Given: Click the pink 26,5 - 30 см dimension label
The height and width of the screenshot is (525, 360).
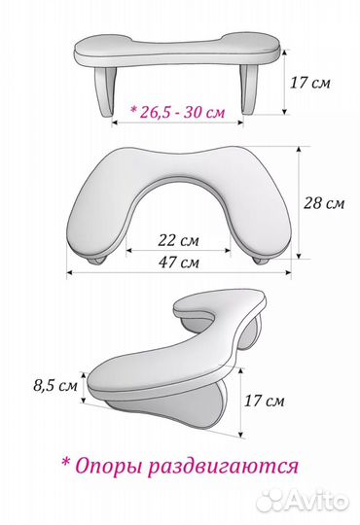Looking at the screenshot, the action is click(x=178, y=112).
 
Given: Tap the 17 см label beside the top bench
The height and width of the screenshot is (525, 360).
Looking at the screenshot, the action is click(x=309, y=83).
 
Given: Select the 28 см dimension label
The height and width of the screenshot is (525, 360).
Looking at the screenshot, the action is click(x=324, y=203).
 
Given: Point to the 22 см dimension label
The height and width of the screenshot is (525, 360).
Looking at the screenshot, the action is click(x=178, y=240).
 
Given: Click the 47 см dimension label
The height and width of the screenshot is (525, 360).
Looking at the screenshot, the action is click(x=178, y=262).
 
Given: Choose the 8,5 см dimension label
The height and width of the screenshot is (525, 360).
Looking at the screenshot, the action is click(x=55, y=385).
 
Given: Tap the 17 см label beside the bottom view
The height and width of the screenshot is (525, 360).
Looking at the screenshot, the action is click(x=264, y=401).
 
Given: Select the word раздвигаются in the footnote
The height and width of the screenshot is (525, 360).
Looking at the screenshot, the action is click(x=223, y=467).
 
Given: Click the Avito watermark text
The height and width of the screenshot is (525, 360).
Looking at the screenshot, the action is click(x=317, y=502).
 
